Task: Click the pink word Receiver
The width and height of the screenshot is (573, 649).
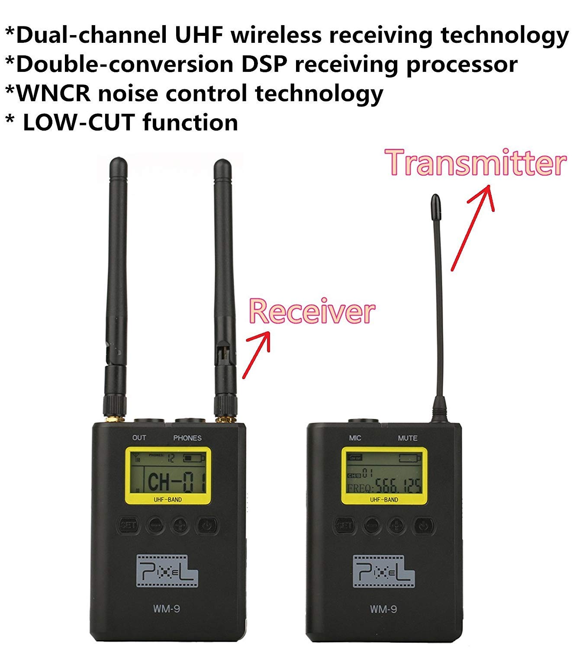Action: point(312,312)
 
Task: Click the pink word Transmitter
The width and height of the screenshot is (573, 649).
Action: point(476,163)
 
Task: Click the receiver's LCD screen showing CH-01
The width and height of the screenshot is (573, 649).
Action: point(168,475)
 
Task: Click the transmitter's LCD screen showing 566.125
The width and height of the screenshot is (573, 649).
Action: point(384,475)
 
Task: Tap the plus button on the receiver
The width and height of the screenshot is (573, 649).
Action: point(180,526)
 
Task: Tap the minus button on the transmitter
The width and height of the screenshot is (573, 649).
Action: point(371,526)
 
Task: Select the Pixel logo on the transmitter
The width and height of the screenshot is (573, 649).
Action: point(383,571)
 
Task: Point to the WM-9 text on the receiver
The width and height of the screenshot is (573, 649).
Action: point(167,609)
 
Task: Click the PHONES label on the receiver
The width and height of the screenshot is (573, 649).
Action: point(187,438)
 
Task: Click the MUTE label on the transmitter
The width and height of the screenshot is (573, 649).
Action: point(408,438)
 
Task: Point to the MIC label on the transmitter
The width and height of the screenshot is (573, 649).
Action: point(355,438)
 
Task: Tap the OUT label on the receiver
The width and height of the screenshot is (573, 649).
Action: point(139,437)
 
